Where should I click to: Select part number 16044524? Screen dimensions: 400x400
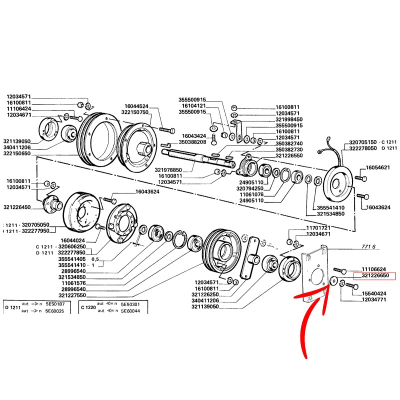pos(136,106)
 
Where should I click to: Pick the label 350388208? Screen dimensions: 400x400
pos(193,142)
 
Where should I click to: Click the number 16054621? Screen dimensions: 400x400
pos(381,167)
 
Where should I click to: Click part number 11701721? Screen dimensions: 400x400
pos(318,228)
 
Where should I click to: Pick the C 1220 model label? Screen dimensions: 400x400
pos(88,307)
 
